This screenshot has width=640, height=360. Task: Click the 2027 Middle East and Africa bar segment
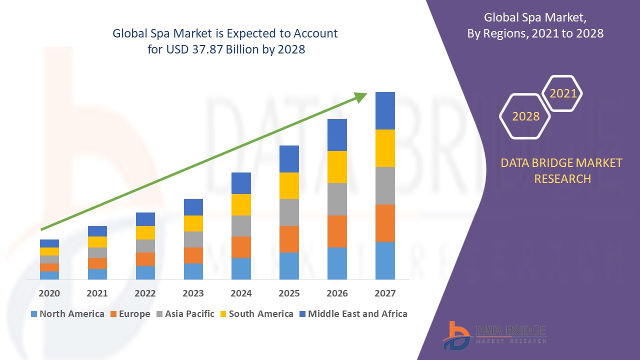coord(385,110)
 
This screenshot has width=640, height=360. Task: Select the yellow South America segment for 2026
coord(337,166)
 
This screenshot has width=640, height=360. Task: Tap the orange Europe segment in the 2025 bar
coord(289,239)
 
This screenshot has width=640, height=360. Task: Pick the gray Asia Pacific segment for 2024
coord(241,225)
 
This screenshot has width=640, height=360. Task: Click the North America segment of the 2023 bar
coord(193,271)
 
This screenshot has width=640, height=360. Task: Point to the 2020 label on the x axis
coord(49,293)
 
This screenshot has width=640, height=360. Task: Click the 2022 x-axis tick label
coord(145,293)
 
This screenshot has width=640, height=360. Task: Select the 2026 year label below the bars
coord(337,293)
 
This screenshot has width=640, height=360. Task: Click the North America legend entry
coord(67,314)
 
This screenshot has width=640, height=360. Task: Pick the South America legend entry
coord(256,314)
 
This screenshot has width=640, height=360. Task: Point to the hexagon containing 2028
coord(525,116)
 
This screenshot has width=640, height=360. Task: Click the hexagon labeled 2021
coord(563,93)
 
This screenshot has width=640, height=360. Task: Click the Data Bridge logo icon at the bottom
coord(456,335)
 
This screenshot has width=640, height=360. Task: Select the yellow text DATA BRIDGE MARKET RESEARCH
coord(562,170)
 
